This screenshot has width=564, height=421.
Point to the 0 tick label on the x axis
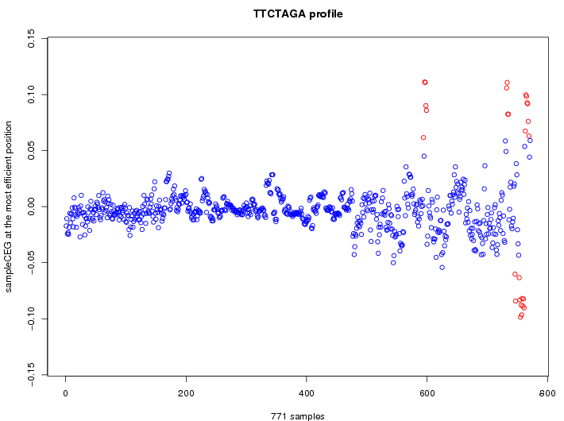[66, 393]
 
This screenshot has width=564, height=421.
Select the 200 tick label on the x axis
[186, 393]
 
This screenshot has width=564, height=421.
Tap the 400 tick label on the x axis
[307, 393]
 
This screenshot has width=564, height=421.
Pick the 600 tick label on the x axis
[427, 393]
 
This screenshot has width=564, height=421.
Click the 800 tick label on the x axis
[547, 393]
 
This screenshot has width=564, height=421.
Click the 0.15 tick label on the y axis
[31, 39]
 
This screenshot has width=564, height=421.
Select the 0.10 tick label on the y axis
[31, 95]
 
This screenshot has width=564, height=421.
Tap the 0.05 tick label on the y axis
[31, 150]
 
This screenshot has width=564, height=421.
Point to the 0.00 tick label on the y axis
[31, 207]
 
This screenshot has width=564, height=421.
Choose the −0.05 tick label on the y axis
[31, 263]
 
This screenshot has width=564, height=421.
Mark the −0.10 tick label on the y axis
[31, 319]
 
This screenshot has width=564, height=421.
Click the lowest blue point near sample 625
[442, 268]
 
